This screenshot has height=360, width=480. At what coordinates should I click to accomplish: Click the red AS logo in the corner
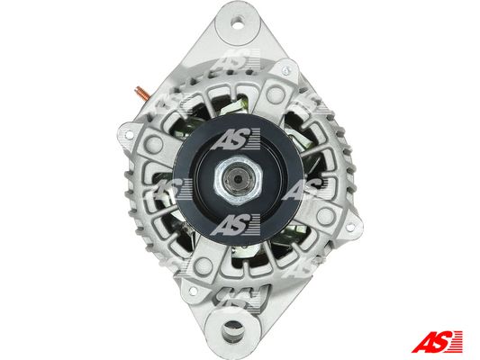[437, 341]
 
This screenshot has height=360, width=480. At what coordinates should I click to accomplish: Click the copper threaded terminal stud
[141, 93]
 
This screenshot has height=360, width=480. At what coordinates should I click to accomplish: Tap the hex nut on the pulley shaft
[238, 179]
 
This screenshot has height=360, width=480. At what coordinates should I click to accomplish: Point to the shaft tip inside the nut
[238, 179]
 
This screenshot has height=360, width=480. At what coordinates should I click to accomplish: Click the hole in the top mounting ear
[238, 22]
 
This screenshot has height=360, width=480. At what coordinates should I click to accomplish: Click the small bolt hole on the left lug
[130, 134]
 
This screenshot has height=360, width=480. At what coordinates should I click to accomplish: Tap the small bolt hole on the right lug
[349, 228]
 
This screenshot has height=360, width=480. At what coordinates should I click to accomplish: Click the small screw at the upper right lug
[285, 70]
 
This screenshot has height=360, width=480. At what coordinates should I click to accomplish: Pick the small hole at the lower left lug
[193, 291]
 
